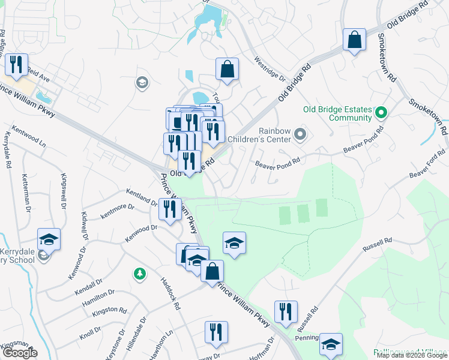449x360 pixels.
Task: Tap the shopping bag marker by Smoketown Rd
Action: [x=355, y=40]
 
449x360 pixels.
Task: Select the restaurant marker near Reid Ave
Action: [x=16, y=64]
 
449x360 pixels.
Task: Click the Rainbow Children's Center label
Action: [x=274, y=135]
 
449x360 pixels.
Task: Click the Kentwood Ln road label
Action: [x=29, y=137]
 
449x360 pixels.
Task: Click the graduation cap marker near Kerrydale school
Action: [x=49, y=239]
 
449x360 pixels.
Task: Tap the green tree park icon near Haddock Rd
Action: [x=139, y=274]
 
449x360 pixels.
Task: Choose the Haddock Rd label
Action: [x=170, y=293]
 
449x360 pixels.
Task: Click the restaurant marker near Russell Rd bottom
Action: [x=286, y=311]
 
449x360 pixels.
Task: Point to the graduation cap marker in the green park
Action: [x=234, y=242]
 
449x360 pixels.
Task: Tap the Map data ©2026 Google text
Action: [x=412, y=356]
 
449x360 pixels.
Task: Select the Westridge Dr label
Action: [x=269, y=69]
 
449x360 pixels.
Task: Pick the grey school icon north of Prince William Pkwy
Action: [x=142, y=82]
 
